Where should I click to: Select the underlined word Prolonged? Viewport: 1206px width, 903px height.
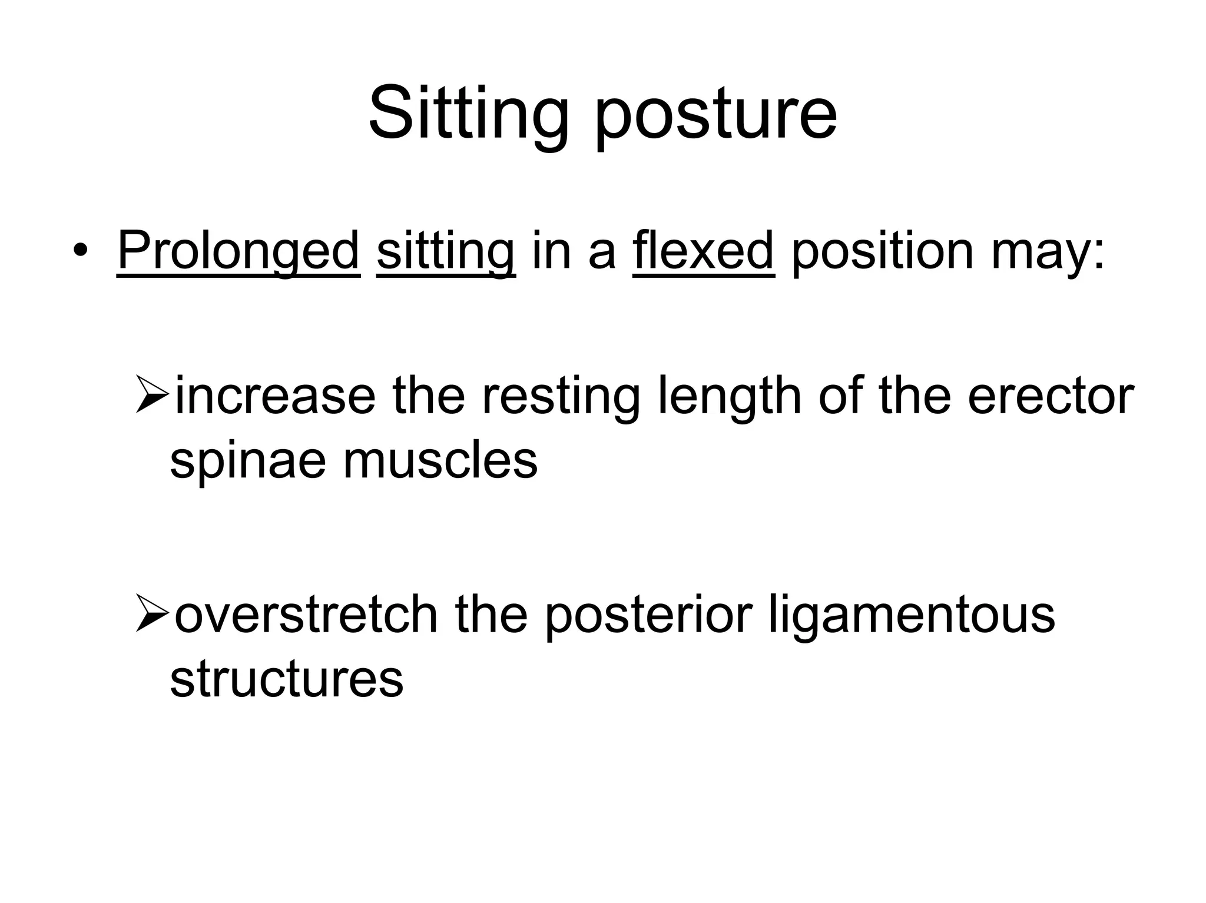pyautogui.click(x=238, y=251)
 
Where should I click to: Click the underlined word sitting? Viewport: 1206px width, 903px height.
pyautogui.click(x=446, y=251)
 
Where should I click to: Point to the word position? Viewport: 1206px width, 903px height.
pyautogui.click(x=883, y=251)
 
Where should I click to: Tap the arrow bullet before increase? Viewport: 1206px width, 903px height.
pyautogui.click(x=153, y=394)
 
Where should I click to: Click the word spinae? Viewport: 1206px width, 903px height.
pyautogui.click(x=247, y=462)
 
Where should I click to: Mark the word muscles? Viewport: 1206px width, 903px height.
pyautogui.click(x=440, y=460)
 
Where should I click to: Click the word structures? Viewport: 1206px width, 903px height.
pyautogui.click(x=286, y=679)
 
